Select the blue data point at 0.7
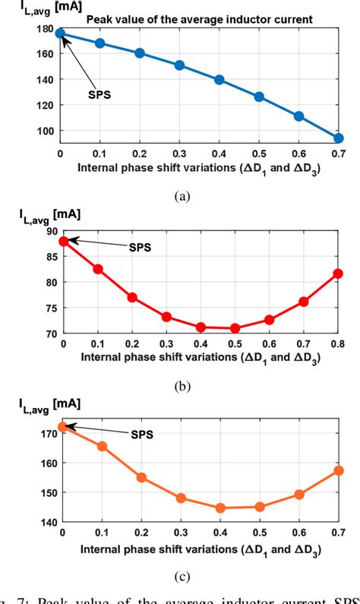pyautogui.click(x=339, y=138)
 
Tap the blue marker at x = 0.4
pyautogui.click(x=219, y=80)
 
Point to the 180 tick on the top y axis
pyautogui.click(x=45, y=30)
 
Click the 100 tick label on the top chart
pyautogui.click(x=45, y=131)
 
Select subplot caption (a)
pyautogui.click(x=182, y=196)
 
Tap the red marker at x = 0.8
pyautogui.click(x=339, y=274)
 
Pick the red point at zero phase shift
pyautogui.click(x=64, y=242)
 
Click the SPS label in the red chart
pyautogui.click(x=141, y=247)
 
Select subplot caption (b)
pyautogui.click(x=182, y=386)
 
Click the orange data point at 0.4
pyautogui.click(x=221, y=508)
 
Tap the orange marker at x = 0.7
pyautogui.click(x=339, y=471)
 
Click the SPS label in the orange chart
pyautogui.click(x=141, y=435)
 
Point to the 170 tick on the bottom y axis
pyautogui.click(x=45, y=433)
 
